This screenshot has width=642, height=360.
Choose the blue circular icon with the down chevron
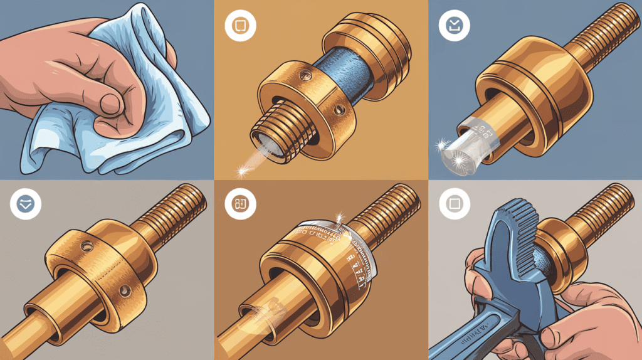pyautogui.click(x=26, y=204)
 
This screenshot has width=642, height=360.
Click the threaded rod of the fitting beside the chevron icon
pyautogui.click(x=176, y=207)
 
